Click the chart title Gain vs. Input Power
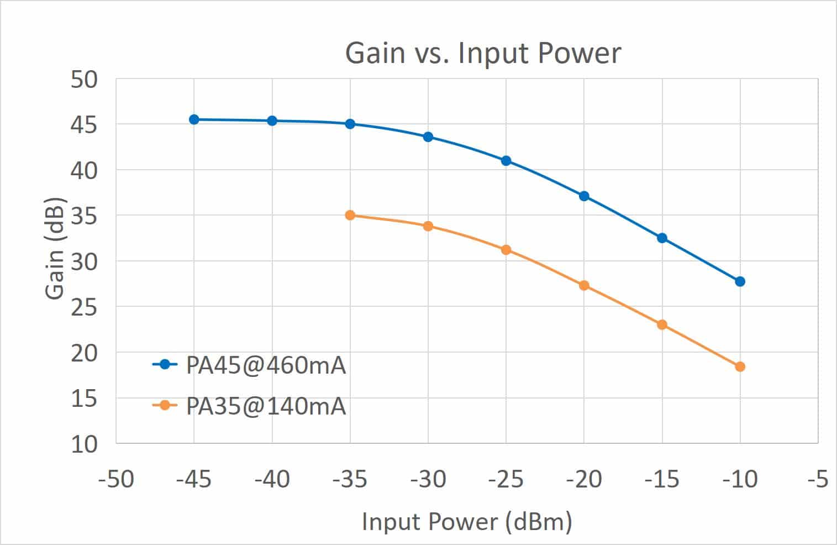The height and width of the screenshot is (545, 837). [483, 53]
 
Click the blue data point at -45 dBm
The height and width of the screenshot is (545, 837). [194, 119]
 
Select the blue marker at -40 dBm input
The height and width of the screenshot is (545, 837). [272, 120]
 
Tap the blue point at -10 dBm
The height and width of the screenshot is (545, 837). [740, 281]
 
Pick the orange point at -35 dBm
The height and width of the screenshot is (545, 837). [350, 215]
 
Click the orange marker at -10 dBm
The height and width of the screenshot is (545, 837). [740, 366]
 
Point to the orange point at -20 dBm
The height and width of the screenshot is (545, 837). [584, 285]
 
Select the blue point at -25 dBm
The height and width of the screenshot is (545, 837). [506, 161]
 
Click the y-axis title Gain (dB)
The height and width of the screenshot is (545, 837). [55, 249]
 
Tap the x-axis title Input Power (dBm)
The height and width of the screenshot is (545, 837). [467, 522]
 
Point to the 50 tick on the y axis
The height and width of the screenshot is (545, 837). [84, 80]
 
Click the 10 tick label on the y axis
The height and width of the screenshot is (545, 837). [84, 444]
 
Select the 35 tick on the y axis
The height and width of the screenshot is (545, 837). [84, 216]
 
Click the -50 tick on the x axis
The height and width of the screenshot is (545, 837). [116, 479]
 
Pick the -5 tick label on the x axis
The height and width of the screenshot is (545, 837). [817, 479]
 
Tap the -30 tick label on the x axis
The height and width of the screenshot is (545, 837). [428, 479]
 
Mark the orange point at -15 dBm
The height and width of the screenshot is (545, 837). [662, 324]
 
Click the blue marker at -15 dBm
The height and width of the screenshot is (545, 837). [662, 238]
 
